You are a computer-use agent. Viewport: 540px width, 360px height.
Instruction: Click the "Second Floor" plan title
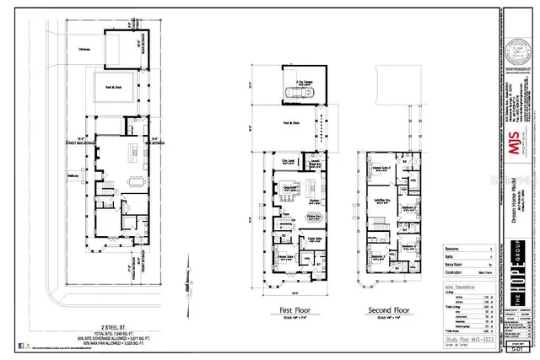389,309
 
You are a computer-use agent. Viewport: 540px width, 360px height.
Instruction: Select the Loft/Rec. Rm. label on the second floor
381,200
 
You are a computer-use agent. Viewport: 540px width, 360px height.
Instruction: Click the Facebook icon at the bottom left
19,346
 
